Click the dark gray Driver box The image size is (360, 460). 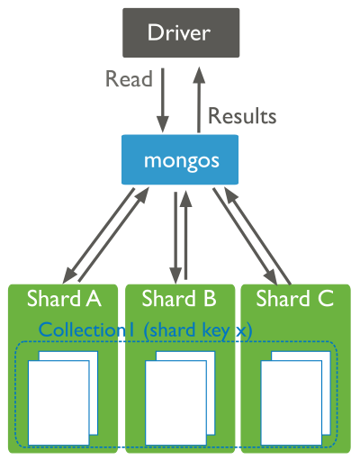click(x=180, y=32)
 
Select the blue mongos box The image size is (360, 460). click(x=180, y=160)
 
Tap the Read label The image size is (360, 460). click(x=129, y=79)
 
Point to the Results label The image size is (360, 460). click(x=242, y=116)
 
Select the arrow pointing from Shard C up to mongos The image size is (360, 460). click(x=260, y=232)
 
